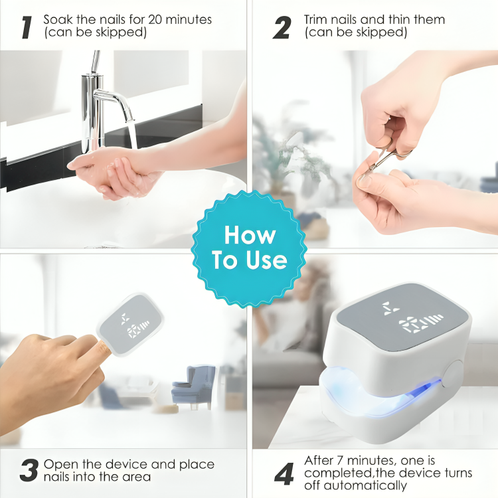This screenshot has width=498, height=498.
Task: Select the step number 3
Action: pos(29,471)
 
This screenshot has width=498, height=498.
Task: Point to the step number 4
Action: pos(284,473)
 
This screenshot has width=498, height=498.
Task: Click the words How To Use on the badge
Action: pos(249,248)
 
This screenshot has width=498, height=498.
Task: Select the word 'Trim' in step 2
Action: pos(317,19)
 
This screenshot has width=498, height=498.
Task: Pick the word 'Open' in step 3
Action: pos(59,463)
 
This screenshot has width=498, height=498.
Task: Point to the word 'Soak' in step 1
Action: pos(58,19)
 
